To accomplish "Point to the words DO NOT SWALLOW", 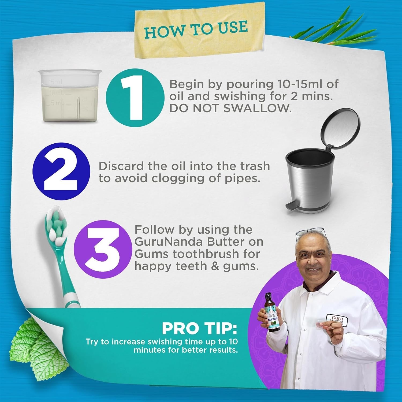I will pos(230,108).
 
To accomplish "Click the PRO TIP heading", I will pos(200,329).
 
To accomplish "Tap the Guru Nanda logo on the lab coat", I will pos(337,320).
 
